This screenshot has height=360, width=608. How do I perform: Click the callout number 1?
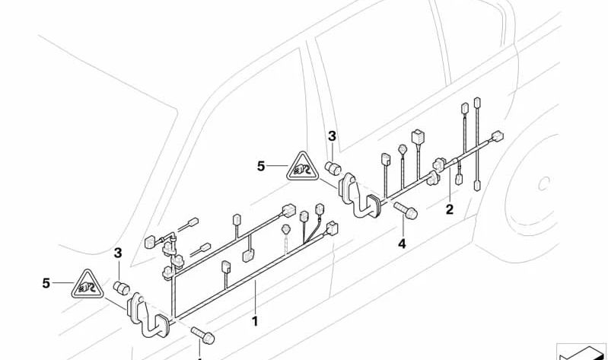point(255,321)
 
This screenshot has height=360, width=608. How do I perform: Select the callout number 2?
point(449,209)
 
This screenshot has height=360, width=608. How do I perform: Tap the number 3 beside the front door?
point(118,253)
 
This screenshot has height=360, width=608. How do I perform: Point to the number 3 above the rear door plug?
point(332,136)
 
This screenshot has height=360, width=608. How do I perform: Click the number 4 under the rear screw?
point(401,244)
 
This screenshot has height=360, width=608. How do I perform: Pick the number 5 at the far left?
point(46,283)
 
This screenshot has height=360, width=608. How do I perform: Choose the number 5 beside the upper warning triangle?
point(261,165)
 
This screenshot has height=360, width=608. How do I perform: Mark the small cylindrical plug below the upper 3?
point(333,167)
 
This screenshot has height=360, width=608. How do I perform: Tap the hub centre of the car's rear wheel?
point(543,183)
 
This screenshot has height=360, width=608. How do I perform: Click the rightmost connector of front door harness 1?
point(332,227)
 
